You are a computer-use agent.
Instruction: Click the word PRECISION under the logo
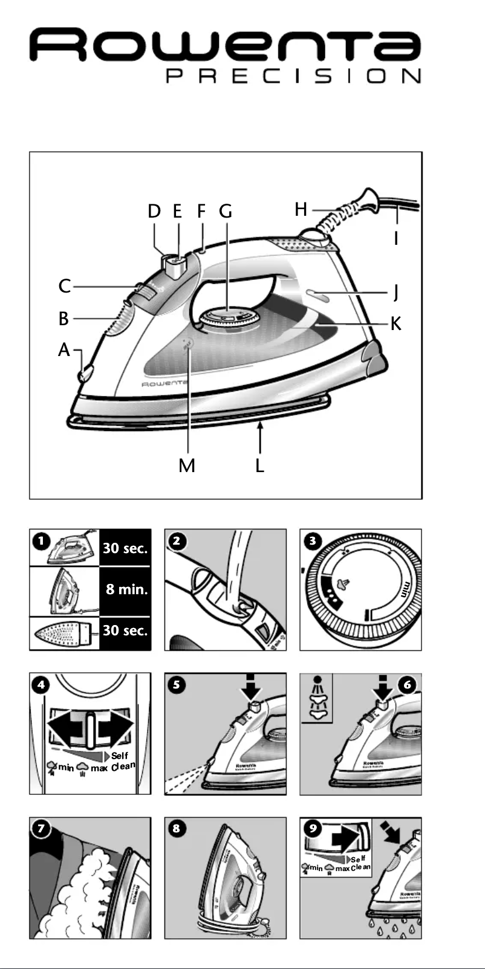pos(293,76)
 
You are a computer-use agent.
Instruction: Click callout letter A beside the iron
pos(64,349)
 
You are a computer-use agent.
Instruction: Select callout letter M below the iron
pos(187,465)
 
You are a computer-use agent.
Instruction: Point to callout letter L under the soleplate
pos(260,465)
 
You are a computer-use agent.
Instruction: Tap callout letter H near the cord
pos(301,210)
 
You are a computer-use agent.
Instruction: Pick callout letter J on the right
pos(395,292)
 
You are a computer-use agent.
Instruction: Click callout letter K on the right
pos(395,323)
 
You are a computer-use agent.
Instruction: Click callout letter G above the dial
pos(225,211)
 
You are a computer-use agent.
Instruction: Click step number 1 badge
pos(41,540)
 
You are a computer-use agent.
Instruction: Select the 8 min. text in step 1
pos(126,589)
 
